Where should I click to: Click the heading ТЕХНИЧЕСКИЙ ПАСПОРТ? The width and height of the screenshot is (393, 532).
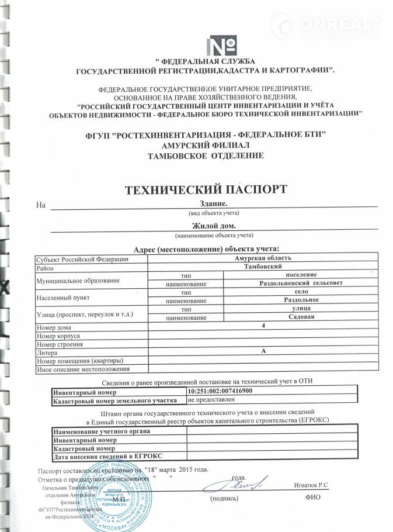pyautogui.click(x=206, y=189)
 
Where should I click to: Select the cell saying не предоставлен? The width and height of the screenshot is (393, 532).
pyautogui.click(x=211, y=399)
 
